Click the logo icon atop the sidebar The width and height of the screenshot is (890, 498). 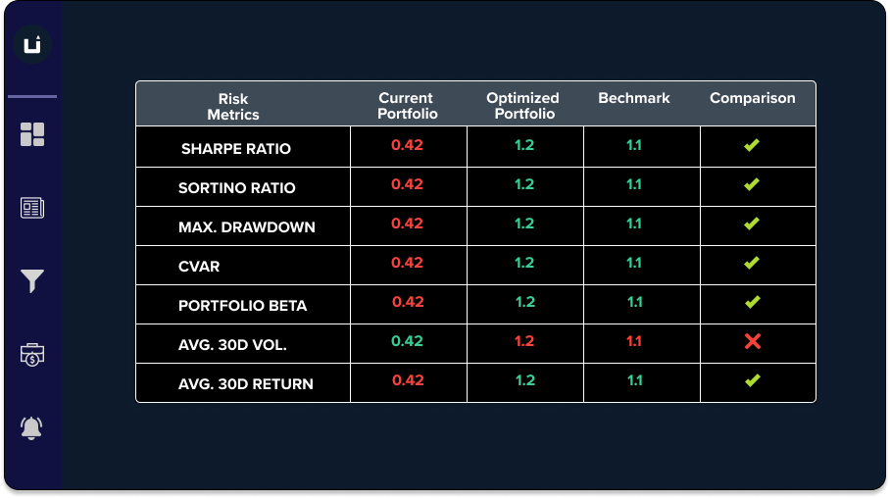tap(32, 45)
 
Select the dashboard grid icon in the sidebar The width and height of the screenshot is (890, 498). tap(32, 134)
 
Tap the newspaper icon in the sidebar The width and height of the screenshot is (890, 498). tap(32, 208)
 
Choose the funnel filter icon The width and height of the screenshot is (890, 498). tap(32, 281)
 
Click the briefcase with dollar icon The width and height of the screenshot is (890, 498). tap(32, 355)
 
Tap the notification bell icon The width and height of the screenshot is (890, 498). tap(32, 427)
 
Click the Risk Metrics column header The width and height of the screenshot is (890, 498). tap(233, 106)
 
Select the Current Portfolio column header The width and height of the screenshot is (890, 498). tap(406, 106)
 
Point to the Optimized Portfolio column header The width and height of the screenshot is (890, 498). tap(522, 106)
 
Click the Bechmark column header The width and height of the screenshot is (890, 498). tap(634, 98)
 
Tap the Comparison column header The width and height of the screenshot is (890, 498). tap(753, 98)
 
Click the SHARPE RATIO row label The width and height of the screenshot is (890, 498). tap(236, 149)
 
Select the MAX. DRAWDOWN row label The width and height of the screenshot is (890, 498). tap(247, 227)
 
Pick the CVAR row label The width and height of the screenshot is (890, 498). tap(199, 267)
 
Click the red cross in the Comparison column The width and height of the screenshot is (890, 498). tap(752, 341)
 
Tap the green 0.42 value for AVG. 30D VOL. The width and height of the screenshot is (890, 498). tap(407, 341)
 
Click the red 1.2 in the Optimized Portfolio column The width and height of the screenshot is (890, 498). tap(524, 341)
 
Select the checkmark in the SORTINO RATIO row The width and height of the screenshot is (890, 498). tap(752, 184)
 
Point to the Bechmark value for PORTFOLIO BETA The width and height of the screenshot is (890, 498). tap(634, 302)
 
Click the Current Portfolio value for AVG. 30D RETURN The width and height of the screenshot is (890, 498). tap(407, 380)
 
